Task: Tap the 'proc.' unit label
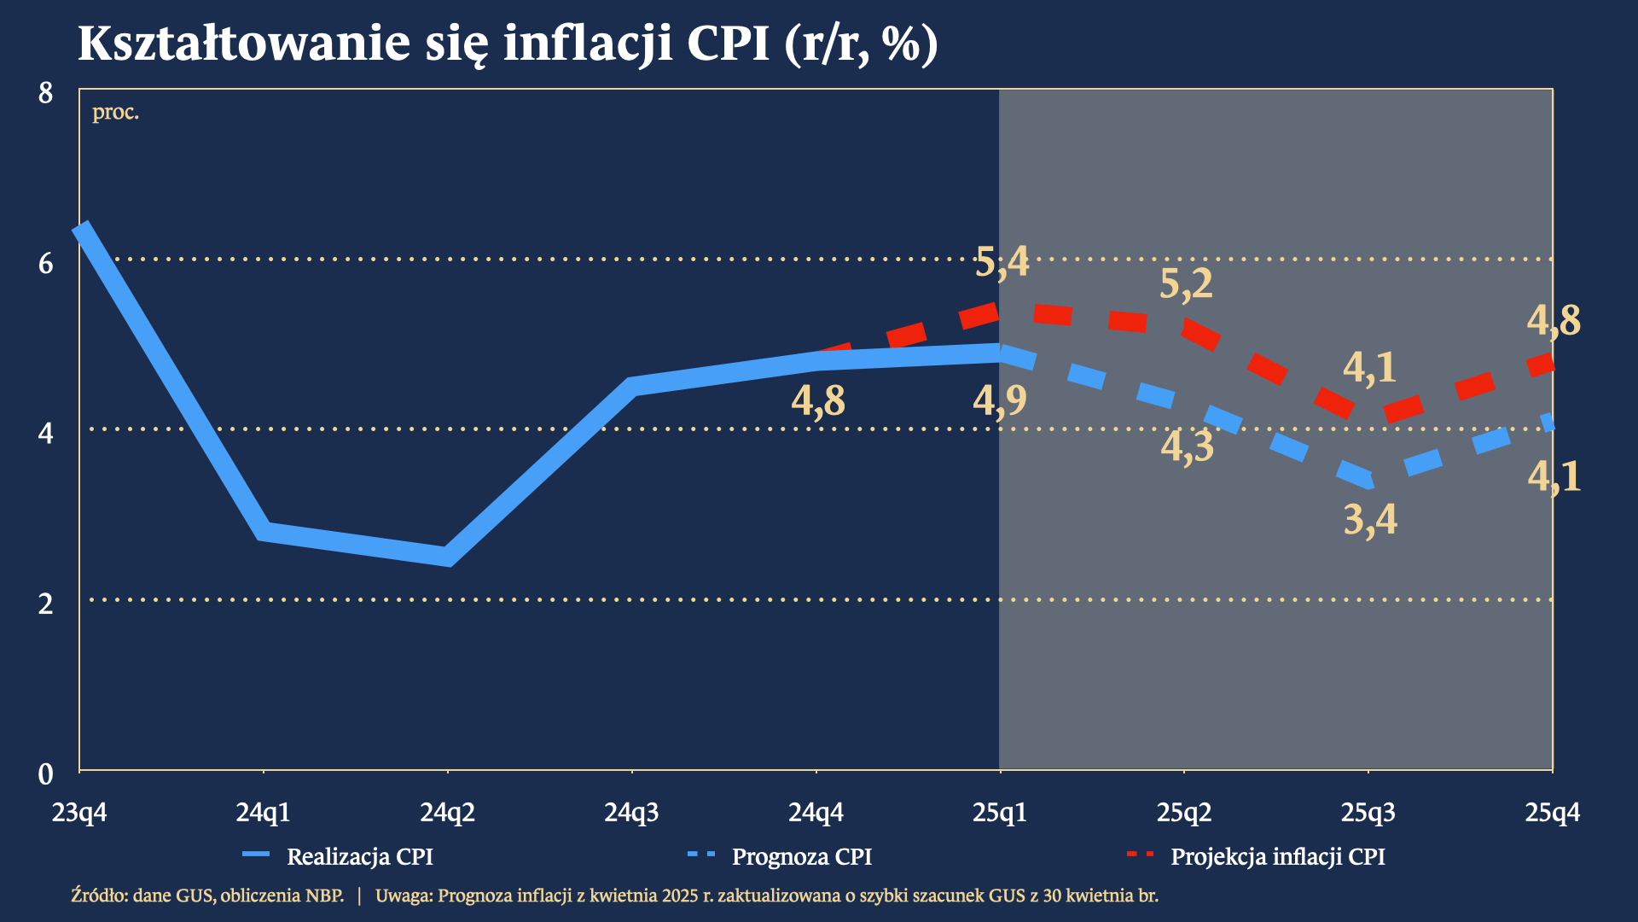[x=115, y=112]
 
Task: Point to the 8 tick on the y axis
[x=46, y=92]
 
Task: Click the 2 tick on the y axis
[x=46, y=604]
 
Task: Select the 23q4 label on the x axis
[x=79, y=812]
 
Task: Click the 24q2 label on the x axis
[x=447, y=812]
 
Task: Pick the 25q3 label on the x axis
[x=1368, y=812]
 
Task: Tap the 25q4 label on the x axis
[x=1552, y=812]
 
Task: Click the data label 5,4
[x=1002, y=262]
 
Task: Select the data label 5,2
[x=1186, y=283]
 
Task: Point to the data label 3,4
[x=1370, y=519]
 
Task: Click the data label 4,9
[x=1000, y=400]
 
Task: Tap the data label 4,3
[x=1187, y=446]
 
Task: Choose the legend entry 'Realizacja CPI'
[x=359, y=856]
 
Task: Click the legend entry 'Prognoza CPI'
[x=801, y=856]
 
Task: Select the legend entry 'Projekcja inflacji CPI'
[x=1277, y=856]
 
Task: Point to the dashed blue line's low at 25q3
[x=1368, y=481]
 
